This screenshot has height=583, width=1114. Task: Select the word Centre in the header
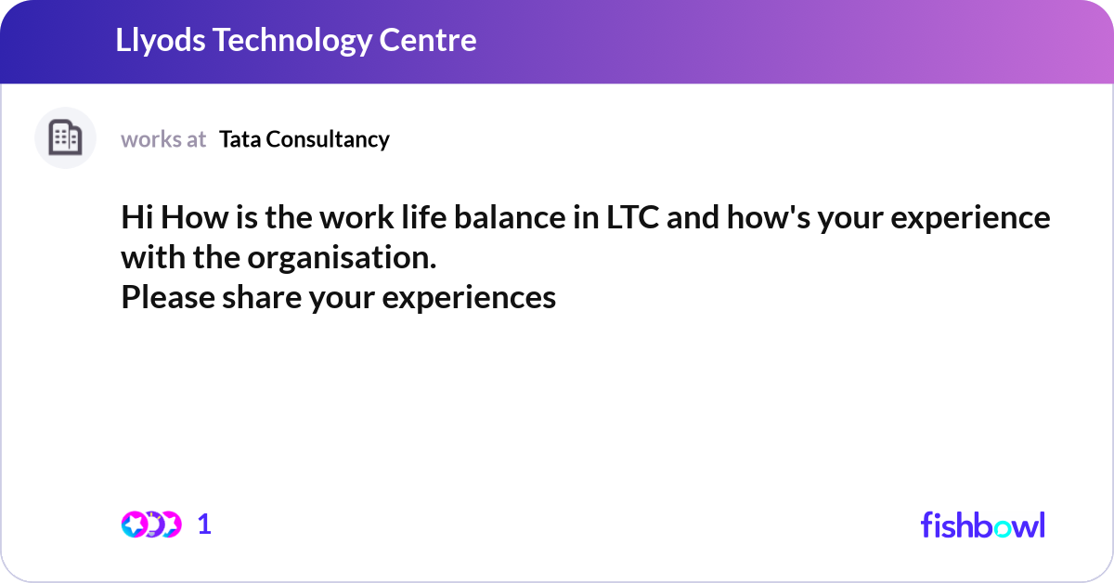434,41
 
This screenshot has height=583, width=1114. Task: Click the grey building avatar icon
65,138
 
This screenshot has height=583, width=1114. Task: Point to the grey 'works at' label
163,139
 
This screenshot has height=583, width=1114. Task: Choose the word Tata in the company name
238,139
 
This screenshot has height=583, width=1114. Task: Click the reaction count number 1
204,525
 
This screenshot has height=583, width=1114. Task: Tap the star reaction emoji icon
135,525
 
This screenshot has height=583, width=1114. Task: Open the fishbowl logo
982,525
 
